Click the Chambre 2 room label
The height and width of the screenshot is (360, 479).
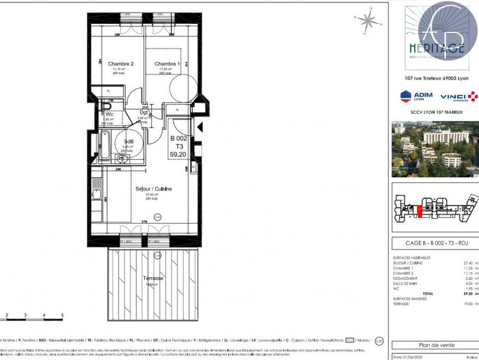point(120,63)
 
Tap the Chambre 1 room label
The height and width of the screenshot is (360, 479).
point(168,63)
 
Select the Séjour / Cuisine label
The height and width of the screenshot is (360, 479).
point(153,189)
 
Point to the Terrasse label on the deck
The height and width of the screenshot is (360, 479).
point(154,279)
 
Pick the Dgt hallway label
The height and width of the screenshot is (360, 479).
point(144,112)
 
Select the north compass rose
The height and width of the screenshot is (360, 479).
point(370,22)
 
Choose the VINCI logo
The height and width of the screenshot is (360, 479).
point(459,96)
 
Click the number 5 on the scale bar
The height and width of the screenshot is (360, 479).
point(62,331)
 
